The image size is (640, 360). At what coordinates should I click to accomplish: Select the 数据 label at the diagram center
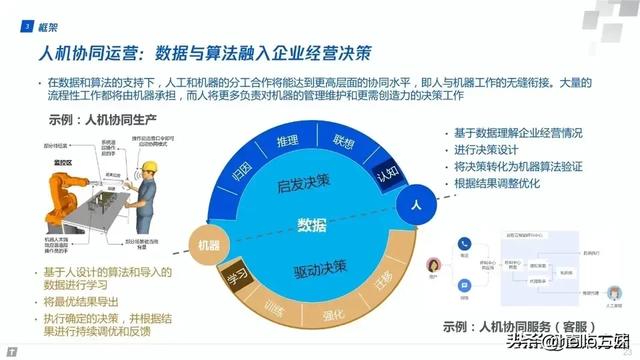click(x=312, y=222)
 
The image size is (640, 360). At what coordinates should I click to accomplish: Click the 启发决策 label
click(x=310, y=184)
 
